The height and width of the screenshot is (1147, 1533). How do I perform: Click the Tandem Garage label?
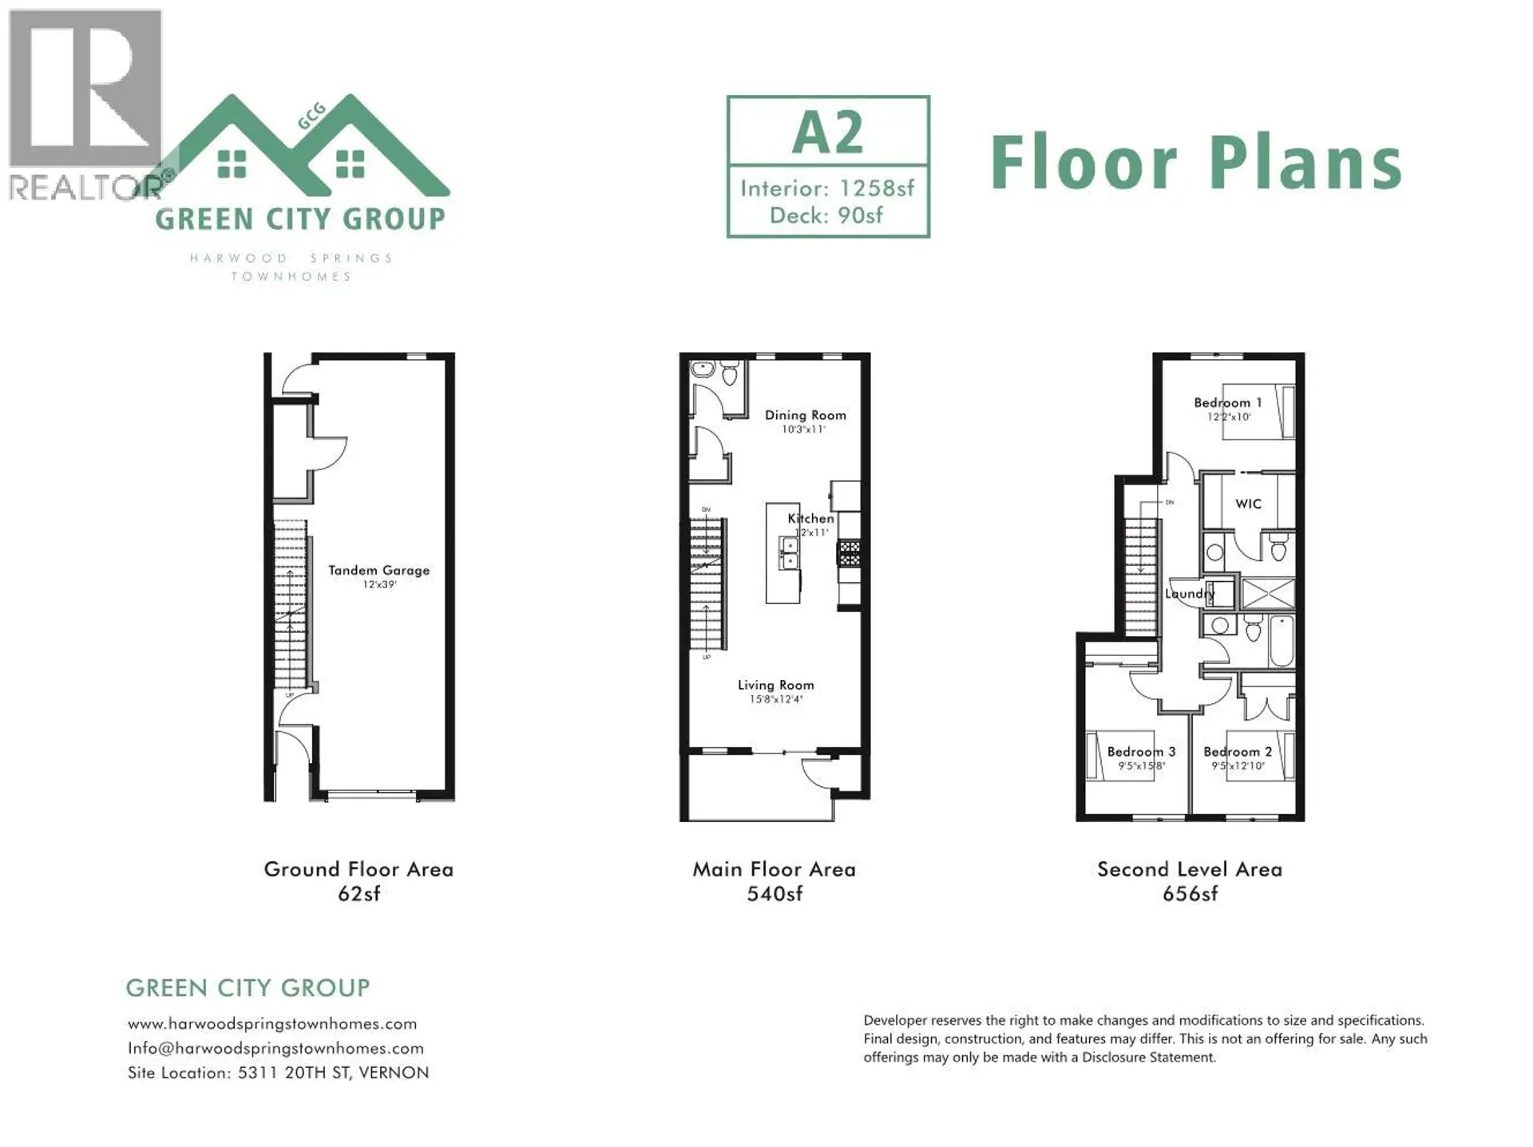[x=378, y=570]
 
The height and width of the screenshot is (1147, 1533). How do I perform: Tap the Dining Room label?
[x=805, y=415]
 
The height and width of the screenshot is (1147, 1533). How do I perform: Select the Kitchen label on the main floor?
[x=810, y=519]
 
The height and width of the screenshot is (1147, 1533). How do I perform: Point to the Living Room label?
[x=775, y=685]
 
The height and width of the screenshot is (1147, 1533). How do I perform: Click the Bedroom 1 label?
[x=1227, y=402]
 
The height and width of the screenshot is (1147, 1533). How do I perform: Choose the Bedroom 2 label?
[x=1238, y=751]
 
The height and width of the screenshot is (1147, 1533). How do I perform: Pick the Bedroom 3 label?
[x=1141, y=751]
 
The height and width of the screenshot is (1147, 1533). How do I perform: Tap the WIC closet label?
[x=1248, y=504]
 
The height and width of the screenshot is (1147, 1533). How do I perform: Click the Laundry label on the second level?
[x=1189, y=593]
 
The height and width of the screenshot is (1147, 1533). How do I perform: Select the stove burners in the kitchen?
[x=849, y=553]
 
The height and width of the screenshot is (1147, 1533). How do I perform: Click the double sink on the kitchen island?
[x=788, y=553]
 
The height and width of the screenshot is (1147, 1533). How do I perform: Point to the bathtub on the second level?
[x=1281, y=640]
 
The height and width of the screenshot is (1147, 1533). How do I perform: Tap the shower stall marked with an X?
[x=1267, y=594]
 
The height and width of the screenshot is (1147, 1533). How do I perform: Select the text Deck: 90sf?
[x=826, y=216]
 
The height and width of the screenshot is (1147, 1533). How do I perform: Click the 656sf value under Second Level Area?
[x=1190, y=894]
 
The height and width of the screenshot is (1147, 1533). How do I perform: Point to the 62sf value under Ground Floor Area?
[x=358, y=894]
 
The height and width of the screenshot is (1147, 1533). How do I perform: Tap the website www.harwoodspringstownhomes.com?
[x=272, y=1023]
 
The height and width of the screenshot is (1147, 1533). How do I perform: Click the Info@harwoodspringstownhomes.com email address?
[x=275, y=1048]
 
